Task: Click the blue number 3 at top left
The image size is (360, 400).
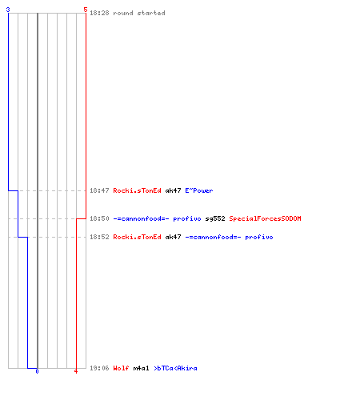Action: point(8,10)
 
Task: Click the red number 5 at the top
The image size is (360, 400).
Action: point(86,10)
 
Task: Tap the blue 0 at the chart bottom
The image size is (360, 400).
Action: point(37,371)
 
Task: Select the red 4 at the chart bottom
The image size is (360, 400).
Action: point(76,371)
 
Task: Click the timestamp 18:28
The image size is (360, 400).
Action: point(99,13)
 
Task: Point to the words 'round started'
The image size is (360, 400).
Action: point(139,13)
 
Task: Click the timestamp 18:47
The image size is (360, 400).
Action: point(99,190)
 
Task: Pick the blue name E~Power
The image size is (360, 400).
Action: point(199,190)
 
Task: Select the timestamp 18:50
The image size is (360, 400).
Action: point(99,218)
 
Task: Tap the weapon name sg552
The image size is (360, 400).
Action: point(215,218)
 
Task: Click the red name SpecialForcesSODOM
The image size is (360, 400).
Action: point(265,218)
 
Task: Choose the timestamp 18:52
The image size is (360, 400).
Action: point(99,237)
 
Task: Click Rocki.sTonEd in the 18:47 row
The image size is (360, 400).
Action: point(137,190)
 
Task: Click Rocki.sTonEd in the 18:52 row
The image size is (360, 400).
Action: point(137,237)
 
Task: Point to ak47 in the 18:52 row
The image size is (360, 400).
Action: point(173,237)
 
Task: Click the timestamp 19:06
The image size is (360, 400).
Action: point(99,368)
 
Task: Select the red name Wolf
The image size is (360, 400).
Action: point(121,368)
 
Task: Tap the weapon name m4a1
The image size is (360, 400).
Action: point(141,368)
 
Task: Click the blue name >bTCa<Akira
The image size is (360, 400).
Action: point(175,368)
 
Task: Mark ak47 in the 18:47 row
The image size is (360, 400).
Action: point(173,190)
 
